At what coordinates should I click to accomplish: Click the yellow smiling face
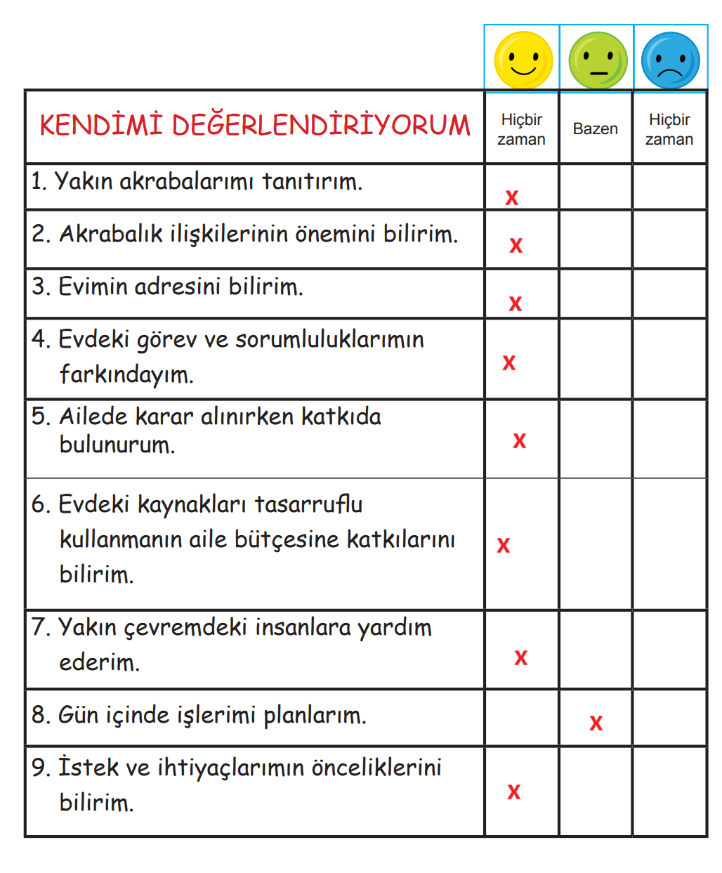pyautogui.click(x=523, y=60)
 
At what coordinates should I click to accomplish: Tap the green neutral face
pyautogui.click(x=598, y=60)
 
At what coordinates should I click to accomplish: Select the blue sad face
pyautogui.click(x=671, y=60)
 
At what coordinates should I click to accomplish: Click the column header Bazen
pyautogui.click(x=596, y=129)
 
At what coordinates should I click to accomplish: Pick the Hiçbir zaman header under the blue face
pyautogui.click(x=669, y=129)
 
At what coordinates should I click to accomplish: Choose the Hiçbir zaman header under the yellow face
pyautogui.click(x=521, y=129)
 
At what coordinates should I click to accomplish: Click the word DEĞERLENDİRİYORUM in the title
pyautogui.click(x=321, y=126)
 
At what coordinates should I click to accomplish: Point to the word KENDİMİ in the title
pyautogui.click(x=101, y=126)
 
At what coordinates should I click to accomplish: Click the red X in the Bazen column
pyautogui.click(x=596, y=723)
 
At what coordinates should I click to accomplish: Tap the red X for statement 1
pyautogui.click(x=512, y=198)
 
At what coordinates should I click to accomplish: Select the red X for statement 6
pyautogui.click(x=504, y=546)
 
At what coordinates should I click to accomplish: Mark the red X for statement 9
pyautogui.click(x=514, y=792)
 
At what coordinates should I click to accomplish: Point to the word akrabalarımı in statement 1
pyautogui.click(x=186, y=182)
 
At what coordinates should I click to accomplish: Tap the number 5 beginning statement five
pyautogui.click(x=39, y=416)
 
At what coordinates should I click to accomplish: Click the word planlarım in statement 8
pyautogui.click(x=315, y=716)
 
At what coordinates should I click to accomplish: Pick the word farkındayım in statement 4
pyautogui.click(x=126, y=374)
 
